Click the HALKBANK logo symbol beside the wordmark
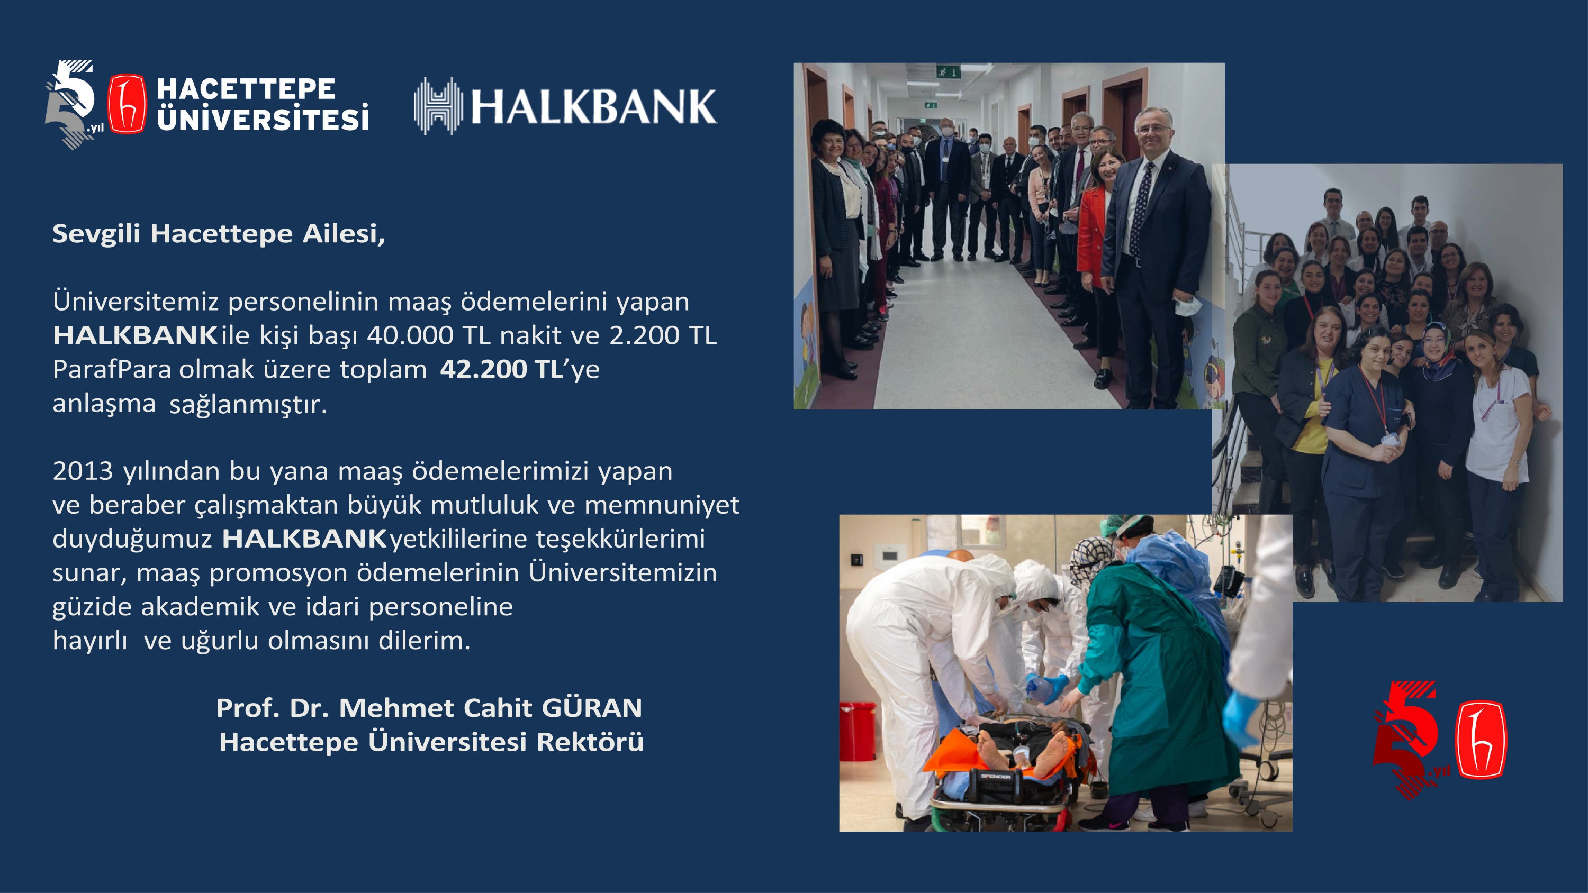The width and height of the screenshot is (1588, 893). tap(438, 105)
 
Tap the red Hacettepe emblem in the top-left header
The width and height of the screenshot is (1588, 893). tap(128, 104)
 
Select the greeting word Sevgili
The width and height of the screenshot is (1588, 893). tap(96, 234)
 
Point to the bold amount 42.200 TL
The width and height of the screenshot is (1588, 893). tap(501, 369)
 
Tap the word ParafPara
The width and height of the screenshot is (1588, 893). tap(112, 369)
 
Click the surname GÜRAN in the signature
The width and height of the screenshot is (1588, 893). tap(592, 707)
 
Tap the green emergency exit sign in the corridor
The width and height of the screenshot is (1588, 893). tap(948, 72)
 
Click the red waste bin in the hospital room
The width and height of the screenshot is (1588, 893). tap(858, 731)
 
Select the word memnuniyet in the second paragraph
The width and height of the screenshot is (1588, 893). tap(662, 505)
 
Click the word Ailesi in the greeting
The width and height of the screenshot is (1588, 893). tap(344, 234)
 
